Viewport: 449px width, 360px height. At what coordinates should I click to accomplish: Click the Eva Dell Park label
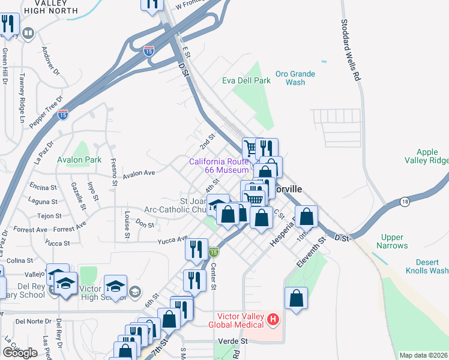[246, 80]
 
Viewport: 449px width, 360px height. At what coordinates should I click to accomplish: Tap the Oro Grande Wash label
[295, 78]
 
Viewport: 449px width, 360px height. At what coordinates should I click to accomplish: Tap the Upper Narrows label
[392, 242]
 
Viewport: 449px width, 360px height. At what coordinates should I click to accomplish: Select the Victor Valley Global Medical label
[236, 320]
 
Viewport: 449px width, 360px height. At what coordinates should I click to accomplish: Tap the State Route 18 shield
[405, 201]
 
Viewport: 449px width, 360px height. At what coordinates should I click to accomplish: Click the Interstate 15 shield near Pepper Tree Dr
[63, 114]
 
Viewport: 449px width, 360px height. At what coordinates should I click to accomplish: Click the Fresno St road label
[114, 169]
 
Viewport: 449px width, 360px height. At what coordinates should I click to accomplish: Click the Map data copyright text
[424, 355]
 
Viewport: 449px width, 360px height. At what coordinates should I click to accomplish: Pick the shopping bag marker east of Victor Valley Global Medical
[296, 298]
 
